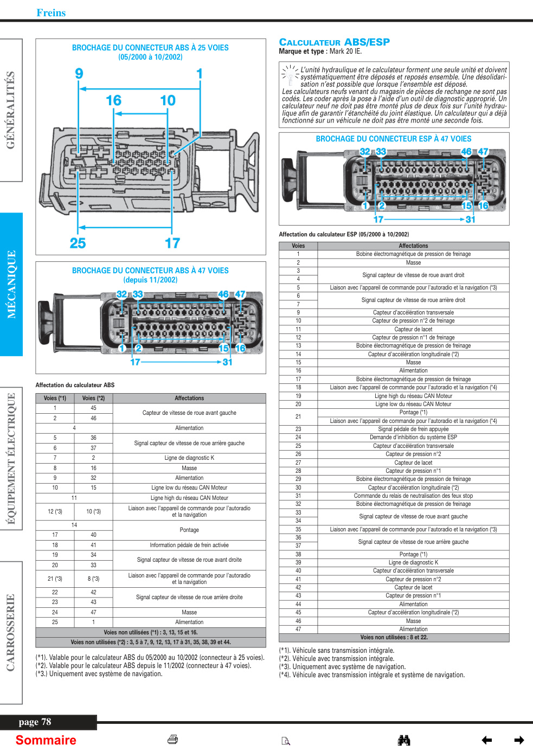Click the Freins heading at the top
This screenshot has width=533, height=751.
pyautogui.click(x=51, y=12)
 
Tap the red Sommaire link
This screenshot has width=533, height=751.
pyautogui.click(x=46, y=740)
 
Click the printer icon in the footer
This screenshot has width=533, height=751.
pyautogui.click(x=172, y=739)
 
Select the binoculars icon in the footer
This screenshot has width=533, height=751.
pyautogui.click(x=404, y=740)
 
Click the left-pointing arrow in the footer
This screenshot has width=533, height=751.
pyautogui.click(x=487, y=740)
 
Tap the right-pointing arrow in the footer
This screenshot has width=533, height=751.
pyautogui.click(x=519, y=740)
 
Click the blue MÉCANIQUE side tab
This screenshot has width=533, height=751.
pyautogui.click(x=11, y=284)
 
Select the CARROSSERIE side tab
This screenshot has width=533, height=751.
pyautogui.click(x=11, y=633)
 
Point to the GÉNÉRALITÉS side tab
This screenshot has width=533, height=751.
pyautogui.click(x=11, y=110)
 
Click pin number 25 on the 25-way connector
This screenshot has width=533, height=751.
pyautogui.click(x=78, y=243)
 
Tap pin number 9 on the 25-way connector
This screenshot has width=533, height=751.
pyautogui.click(x=79, y=73)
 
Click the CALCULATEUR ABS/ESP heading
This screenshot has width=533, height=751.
pyautogui.click(x=334, y=42)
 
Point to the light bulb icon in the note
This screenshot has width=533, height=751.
pyautogui.click(x=290, y=75)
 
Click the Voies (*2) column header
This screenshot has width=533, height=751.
pyautogui.click(x=93, y=398)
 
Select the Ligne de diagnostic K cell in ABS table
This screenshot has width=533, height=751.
pyautogui.click(x=189, y=458)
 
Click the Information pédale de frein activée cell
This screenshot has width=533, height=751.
pyautogui.click(x=189, y=545)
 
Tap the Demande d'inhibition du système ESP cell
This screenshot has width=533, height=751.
pyautogui.click(x=413, y=437)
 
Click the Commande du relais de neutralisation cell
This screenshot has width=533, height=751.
pyautogui.click(x=413, y=496)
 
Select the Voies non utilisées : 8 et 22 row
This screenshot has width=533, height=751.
pyautogui.click(x=394, y=637)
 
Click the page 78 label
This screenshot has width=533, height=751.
pyautogui.click(x=35, y=722)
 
